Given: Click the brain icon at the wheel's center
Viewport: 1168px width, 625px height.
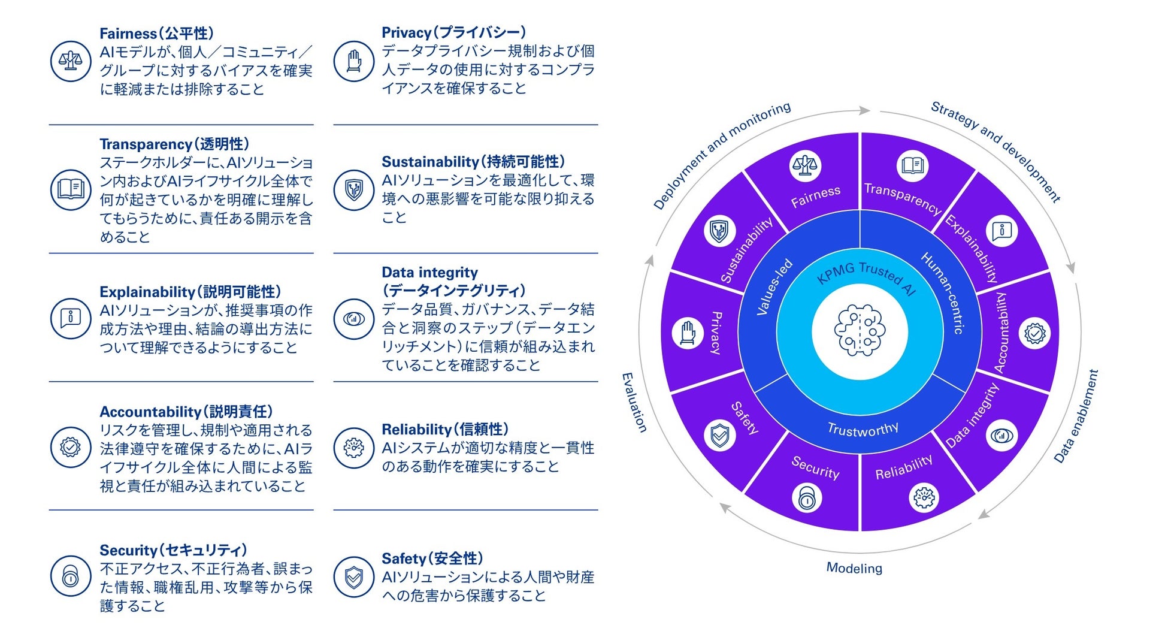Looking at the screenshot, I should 860,331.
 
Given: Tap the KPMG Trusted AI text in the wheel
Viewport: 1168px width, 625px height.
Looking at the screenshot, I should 866,276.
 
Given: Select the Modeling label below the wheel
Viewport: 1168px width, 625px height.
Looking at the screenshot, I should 854,567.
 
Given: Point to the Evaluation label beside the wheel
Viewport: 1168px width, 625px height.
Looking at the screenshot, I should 634,402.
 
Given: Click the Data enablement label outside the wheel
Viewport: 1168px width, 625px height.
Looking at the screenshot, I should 1076,416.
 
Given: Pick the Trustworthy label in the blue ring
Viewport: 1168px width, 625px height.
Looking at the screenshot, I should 863,429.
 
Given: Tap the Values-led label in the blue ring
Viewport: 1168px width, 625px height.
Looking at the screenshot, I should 774,287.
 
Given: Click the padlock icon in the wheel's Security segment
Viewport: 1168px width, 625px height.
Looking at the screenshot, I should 807,497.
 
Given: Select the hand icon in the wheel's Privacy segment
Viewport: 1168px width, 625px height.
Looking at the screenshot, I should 688,332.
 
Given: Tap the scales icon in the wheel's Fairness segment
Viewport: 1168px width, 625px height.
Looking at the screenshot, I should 804,165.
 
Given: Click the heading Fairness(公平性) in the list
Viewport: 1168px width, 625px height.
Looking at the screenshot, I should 156,34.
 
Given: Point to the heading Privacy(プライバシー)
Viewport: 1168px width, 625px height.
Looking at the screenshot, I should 453,32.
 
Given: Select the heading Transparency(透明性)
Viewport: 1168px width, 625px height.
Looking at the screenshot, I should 174,144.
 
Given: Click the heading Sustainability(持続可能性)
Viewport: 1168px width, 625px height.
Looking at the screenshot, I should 473,161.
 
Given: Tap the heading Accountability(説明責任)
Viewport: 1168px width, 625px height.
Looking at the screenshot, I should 186,412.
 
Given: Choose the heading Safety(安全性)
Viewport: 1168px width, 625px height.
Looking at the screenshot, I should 432,558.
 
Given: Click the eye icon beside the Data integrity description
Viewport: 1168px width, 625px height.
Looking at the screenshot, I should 353,319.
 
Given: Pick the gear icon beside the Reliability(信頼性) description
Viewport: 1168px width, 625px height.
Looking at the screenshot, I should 353,447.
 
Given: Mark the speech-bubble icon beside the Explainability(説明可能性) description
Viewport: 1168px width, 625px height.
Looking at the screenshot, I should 71,318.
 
